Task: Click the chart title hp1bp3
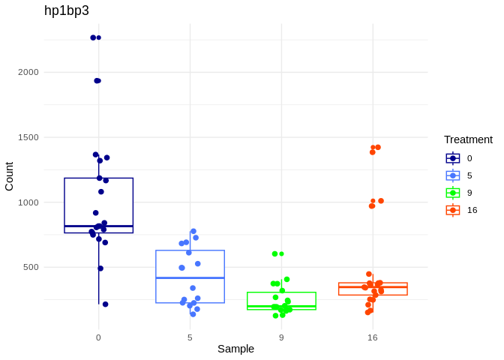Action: click(66, 10)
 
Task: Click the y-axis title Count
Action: click(9, 176)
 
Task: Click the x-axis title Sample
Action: click(235, 349)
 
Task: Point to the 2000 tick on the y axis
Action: click(28, 72)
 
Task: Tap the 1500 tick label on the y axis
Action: click(28, 137)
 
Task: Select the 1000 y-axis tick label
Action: click(28, 202)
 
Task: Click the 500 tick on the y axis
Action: click(31, 267)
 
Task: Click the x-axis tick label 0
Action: click(98, 337)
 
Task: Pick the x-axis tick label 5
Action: click(190, 337)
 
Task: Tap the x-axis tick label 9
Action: click(281, 337)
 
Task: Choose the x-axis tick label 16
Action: click(373, 337)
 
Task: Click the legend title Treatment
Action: click(468, 139)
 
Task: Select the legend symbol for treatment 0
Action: click(453, 158)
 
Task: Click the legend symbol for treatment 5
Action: click(453, 175)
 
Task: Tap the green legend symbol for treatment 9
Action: click(453, 193)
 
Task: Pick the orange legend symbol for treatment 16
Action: click(453, 210)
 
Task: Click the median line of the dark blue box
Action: click(98, 226)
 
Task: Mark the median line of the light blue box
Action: click(190, 278)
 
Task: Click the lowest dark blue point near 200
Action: click(105, 304)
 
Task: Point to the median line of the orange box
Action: click(373, 286)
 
